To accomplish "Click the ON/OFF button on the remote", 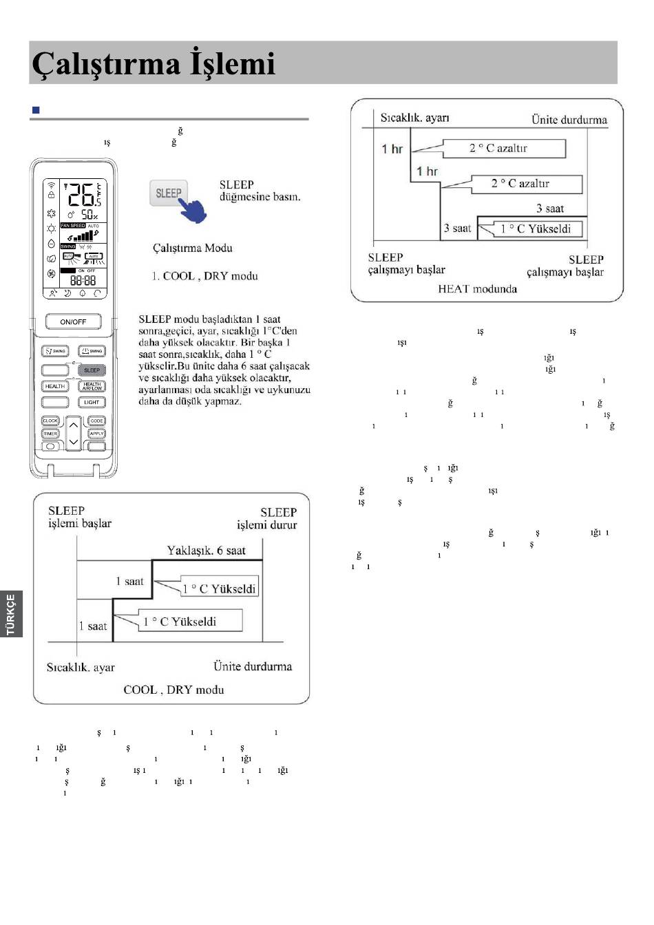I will click(x=73, y=321).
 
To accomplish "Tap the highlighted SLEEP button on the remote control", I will click(x=92, y=370).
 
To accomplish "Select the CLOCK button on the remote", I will click(x=51, y=421).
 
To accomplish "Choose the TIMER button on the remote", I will click(x=51, y=434).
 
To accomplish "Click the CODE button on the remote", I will click(x=96, y=421).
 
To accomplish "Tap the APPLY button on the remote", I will click(x=96, y=434).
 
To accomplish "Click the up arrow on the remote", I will click(x=74, y=425).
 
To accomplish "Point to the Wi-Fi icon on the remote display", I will click(x=51, y=185).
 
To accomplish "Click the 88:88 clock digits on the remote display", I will click(x=83, y=281).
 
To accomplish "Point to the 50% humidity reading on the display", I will click(x=90, y=214).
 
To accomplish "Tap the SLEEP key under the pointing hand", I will click(x=168, y=193).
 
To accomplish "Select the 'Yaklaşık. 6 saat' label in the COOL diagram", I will click(x=206, y=551).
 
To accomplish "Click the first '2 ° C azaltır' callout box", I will click(x=505, y=148).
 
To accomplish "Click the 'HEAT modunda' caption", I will click(x=477, y=289).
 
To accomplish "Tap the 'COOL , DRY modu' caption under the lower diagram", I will click(x=173, y=690).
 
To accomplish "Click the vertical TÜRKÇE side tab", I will click(x=11, y=614).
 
